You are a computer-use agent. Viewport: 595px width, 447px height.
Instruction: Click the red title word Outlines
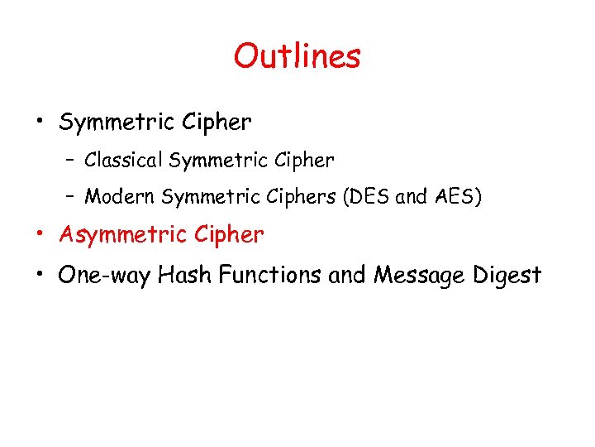point(297,56)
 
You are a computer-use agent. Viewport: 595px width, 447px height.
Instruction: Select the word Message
point(421,276)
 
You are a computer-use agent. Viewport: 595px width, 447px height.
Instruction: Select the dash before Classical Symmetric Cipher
point(71,159)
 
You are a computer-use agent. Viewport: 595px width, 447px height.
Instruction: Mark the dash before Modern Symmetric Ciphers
point(71,197)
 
